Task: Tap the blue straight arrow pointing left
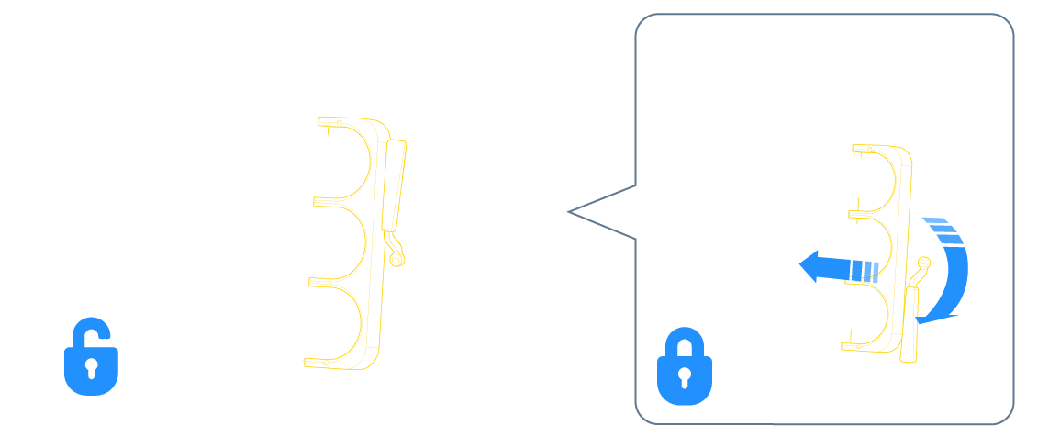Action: pos(835,269)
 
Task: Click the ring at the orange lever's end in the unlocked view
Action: pos(396,260)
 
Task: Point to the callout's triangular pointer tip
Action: pos(570,212)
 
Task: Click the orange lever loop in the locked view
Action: pos(921,266)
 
